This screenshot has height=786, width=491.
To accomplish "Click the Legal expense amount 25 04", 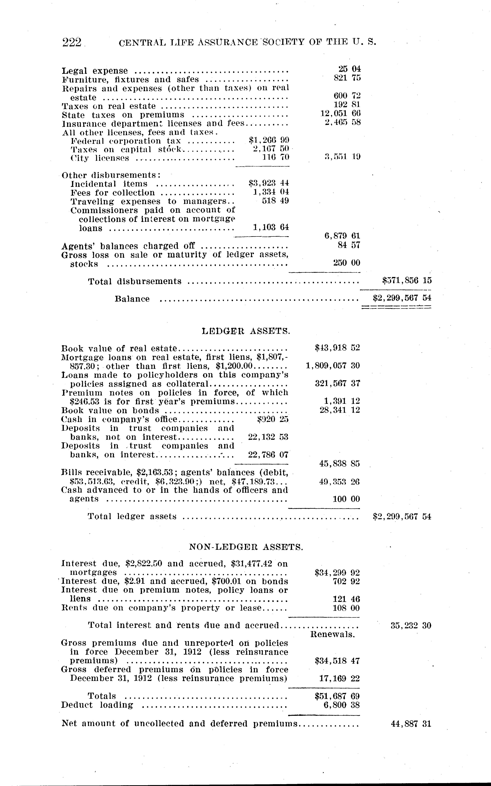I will click(349, 69).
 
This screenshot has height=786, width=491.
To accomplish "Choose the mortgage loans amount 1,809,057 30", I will click(333, 366).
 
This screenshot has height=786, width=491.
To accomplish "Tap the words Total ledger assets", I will click(132, 516).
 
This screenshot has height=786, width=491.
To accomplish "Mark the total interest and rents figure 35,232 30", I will click(411, 626).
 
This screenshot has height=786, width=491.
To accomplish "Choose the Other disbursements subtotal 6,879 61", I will click(342, 236).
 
